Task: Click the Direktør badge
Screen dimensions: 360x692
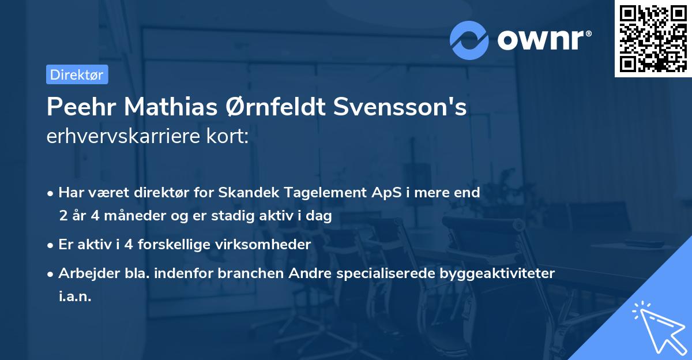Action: (x=77, y=74)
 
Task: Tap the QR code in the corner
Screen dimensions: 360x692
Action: (x=653, y=38)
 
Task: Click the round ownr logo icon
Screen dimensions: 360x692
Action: (x=469, y=40)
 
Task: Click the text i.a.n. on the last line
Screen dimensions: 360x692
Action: (x=75, y=297)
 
